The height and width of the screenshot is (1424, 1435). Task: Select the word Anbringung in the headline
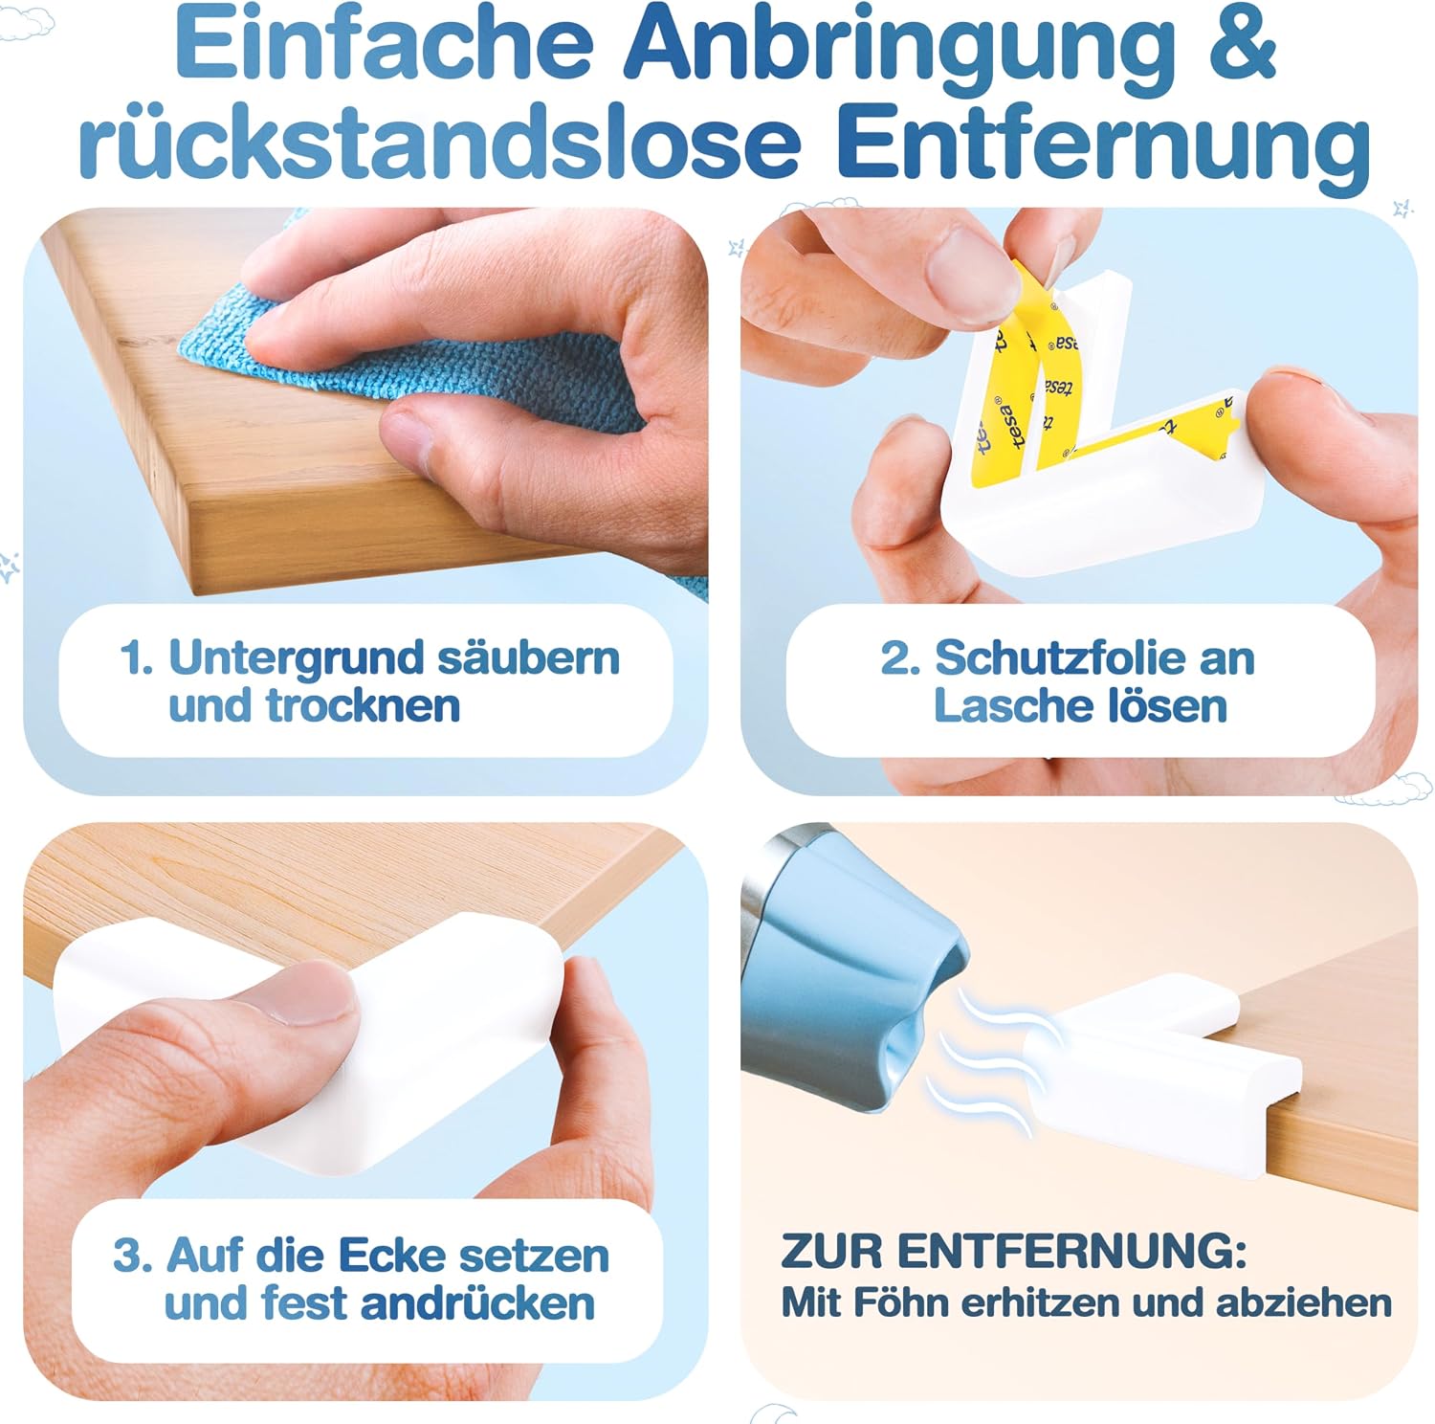click(x=900, y=54)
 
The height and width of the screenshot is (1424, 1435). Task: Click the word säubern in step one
click(x=528, y=658)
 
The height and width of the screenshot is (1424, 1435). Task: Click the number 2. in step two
click(x=900, y=658)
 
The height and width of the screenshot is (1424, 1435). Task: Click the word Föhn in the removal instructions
click(x=896, y=1302)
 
